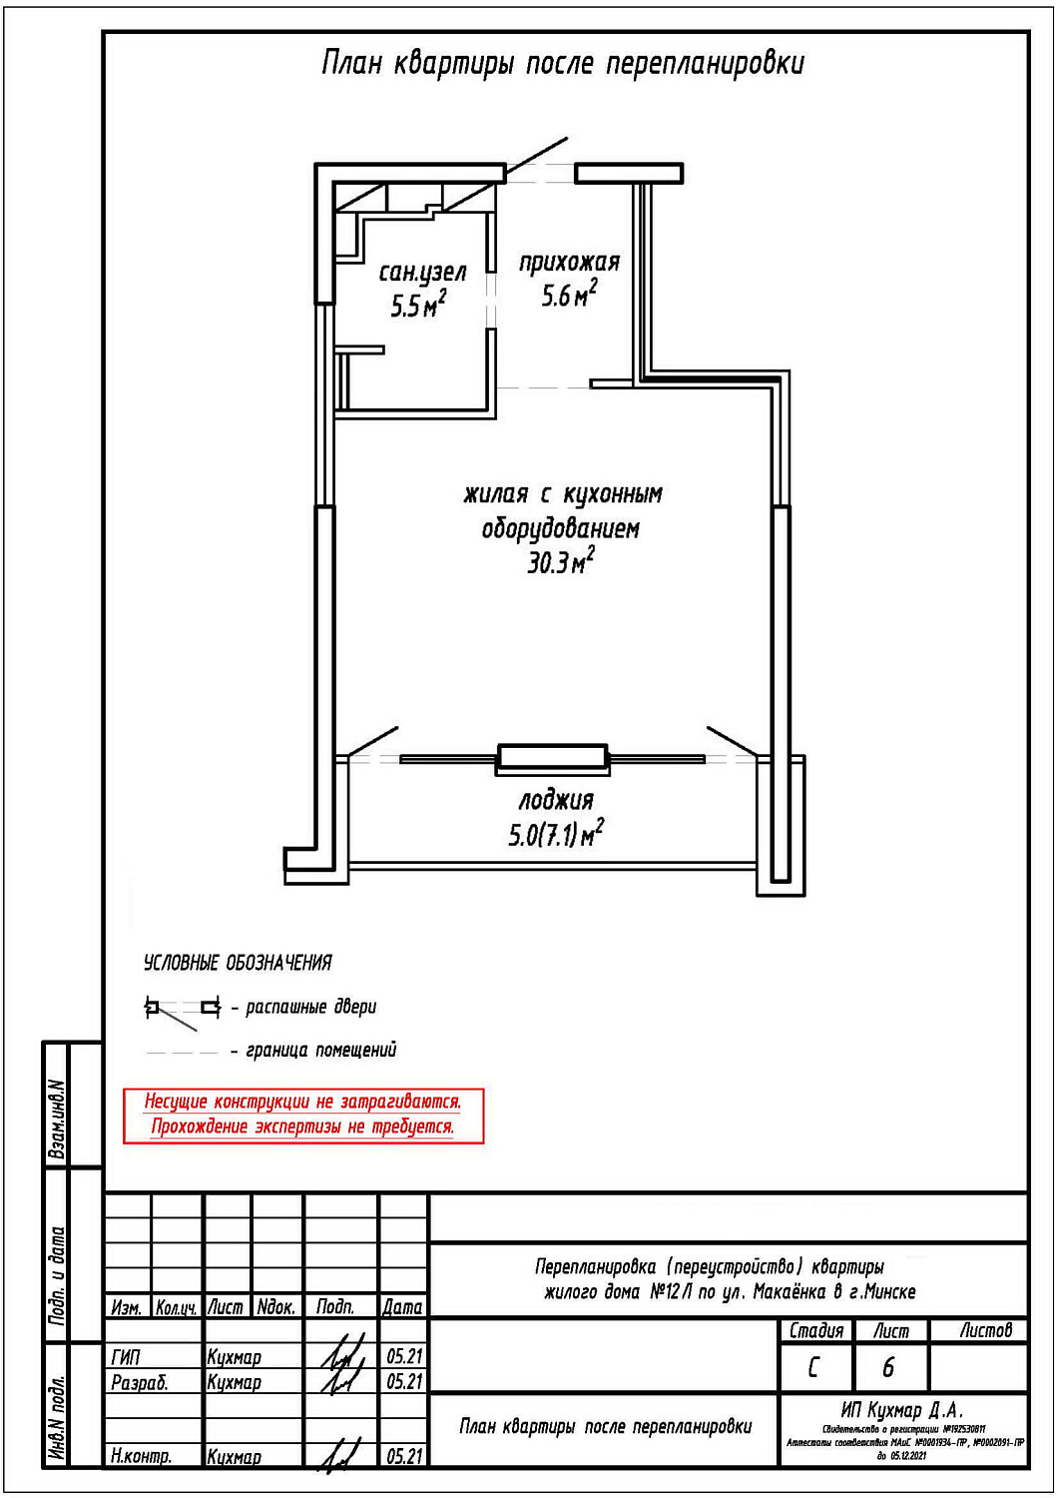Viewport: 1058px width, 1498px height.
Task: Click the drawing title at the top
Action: click(563, 64)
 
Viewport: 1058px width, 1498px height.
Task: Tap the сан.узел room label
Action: click(422, 273)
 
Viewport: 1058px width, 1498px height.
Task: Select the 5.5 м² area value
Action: click(418, 305)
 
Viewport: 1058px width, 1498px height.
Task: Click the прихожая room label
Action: click(569, 263)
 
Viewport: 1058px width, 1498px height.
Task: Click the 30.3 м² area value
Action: click(560, 562)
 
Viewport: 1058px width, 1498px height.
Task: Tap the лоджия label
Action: click(556, 801)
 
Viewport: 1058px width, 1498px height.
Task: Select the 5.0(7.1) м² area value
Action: click(556, 834)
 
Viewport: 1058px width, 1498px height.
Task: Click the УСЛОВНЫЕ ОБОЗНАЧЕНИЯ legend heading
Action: click(238, 964)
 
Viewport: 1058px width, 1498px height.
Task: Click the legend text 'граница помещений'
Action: click(321, 1051)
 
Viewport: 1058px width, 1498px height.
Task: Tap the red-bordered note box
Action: click(303, 1116)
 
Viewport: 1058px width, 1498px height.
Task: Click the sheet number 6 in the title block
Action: click(888, 1367)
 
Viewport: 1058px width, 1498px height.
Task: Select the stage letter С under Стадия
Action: click(813, 1367)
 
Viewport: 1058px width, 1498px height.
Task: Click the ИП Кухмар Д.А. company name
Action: click(901, 1410)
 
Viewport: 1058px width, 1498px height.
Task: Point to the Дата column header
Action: click(403, 1307)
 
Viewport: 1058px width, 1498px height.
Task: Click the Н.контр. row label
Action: click(142, 1457)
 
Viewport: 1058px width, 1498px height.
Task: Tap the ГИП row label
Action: click(127, 1357)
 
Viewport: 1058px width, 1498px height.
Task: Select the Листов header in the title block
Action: click(985, 1330)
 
